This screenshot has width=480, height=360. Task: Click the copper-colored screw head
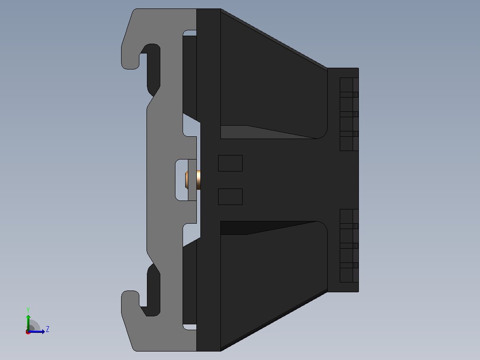point(199,180)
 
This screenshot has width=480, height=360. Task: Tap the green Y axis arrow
point(28,323)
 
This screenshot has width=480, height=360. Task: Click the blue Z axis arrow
point(36,331)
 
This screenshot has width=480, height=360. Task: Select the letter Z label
point(48,329)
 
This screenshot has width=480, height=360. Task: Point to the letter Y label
point(28,310)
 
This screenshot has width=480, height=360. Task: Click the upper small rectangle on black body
point(230,164)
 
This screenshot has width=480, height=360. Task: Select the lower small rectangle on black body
point(230,196)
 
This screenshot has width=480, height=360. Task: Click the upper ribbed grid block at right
point(349,114)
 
